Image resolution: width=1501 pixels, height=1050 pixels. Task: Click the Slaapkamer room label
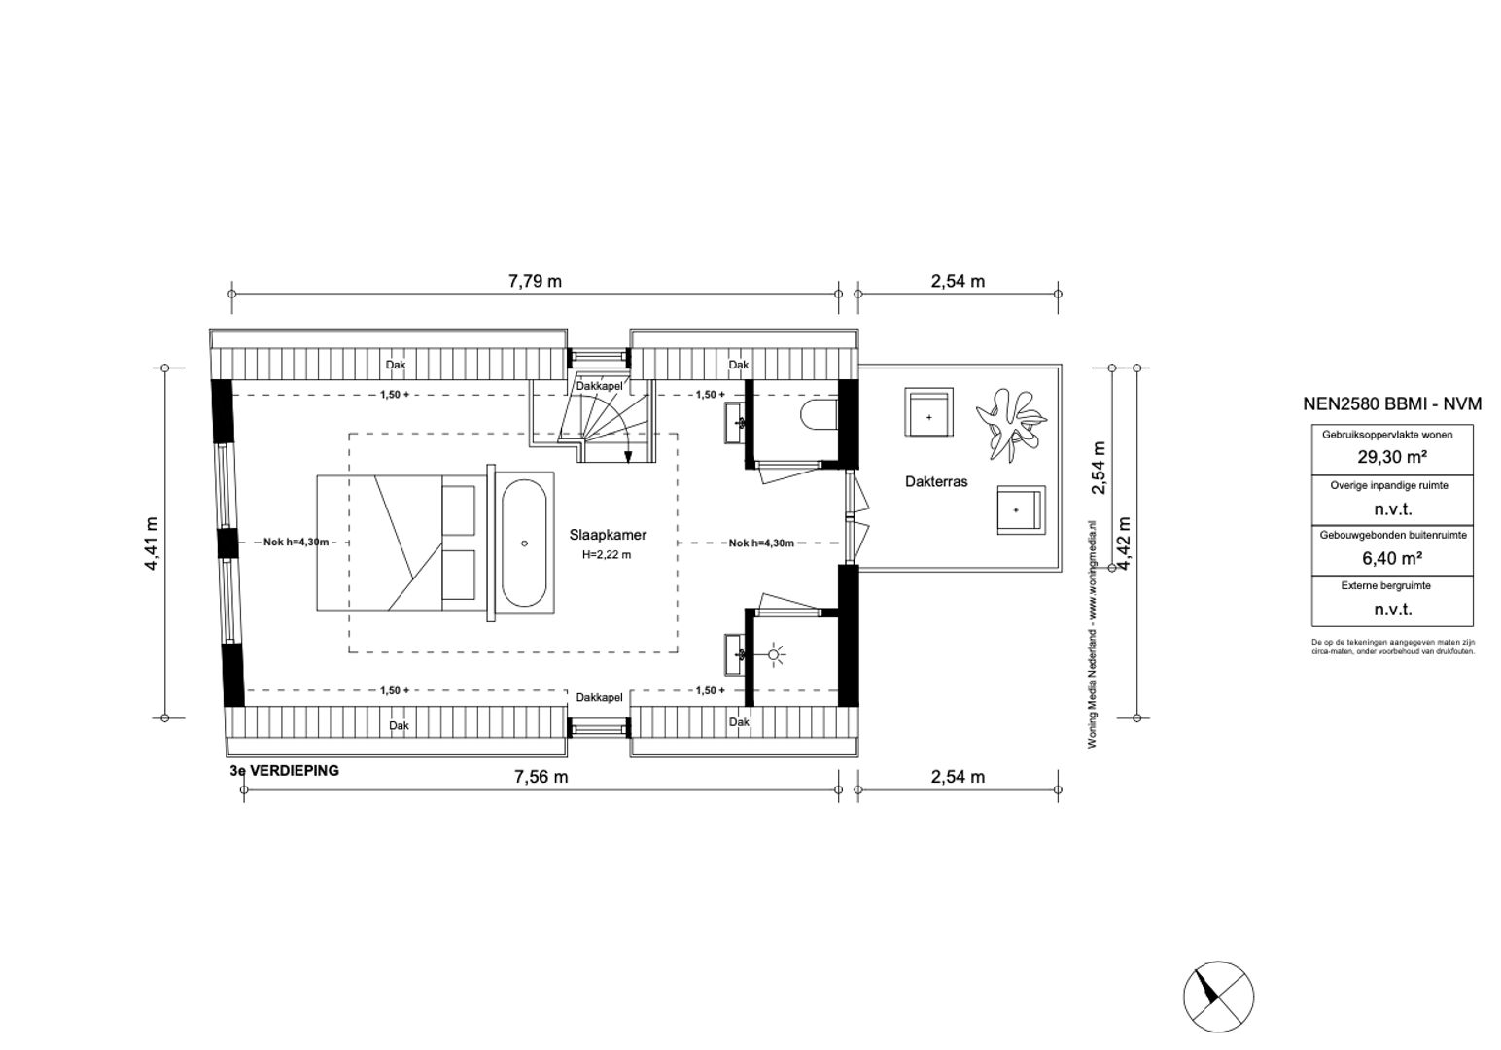click(608, 535)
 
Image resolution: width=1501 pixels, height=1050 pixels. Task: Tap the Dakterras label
click(936, 481)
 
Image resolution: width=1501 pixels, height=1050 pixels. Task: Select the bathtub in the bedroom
click(525, 543)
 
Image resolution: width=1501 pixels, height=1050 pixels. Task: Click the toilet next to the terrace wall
click(820, 416)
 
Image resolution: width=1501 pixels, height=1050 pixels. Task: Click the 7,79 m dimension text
click(535, 282)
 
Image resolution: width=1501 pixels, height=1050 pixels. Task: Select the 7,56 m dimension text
click(541, 777)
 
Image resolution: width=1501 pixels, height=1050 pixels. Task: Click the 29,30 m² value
click(1391, 457)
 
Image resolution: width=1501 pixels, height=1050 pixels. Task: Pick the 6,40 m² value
click(1391, 558)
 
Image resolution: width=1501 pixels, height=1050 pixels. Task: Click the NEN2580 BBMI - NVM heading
click(1391, 404)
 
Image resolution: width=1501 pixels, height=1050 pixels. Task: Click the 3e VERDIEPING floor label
click(284, 771)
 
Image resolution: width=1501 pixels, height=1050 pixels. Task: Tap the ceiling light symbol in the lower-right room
click(775, 654)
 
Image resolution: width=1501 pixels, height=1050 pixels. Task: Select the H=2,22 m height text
click(607, 555)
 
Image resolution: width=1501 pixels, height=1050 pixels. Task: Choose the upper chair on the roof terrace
click(929, 415)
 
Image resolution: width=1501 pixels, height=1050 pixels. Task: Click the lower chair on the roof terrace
click(1018, 510)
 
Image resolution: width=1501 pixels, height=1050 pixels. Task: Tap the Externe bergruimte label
click(1391, 586)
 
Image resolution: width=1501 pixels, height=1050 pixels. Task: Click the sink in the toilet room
click(736, 422)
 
